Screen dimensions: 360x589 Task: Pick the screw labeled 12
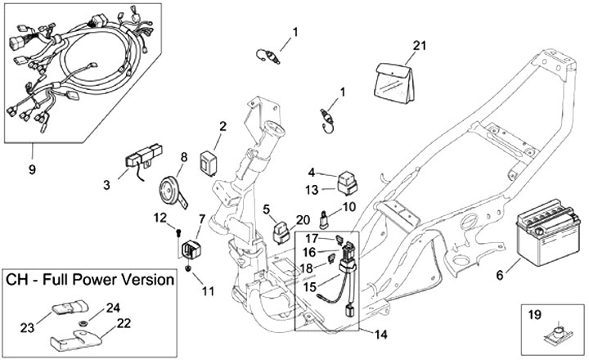178,232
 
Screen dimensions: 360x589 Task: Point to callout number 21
420,46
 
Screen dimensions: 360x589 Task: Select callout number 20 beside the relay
303,219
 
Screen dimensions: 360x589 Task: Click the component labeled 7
192,246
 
